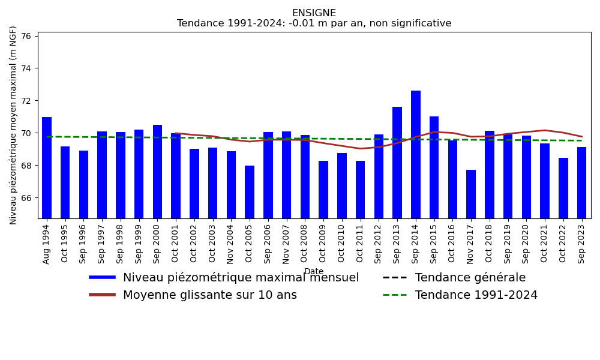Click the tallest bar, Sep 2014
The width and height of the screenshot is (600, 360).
click(x=416, y=154)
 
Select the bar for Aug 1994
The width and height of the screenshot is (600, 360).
click(x=47, y=167)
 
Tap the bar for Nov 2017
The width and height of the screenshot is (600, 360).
click(x=471, y=194)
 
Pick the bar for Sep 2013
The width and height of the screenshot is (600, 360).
click(x=397, y=163)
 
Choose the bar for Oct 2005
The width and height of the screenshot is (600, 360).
click(x=250, y=192)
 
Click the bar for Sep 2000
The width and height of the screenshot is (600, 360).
click(x=157, y=172)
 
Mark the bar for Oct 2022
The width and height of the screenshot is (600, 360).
click(x=563, y=188)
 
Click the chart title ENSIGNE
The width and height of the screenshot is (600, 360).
click(x=314, y=13)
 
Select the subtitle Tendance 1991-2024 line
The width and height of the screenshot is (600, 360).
click(x=314, y=23)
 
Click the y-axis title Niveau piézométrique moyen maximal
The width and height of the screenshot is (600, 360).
click(x=13, y=125)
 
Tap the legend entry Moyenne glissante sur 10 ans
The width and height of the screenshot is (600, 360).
click(x=209, y=295)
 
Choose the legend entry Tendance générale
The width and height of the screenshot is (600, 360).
click(x=470, y=278)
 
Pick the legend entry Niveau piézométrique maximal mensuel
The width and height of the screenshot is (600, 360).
click(x=241, y=278)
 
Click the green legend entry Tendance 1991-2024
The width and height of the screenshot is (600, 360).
click(x=476, y=295)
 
